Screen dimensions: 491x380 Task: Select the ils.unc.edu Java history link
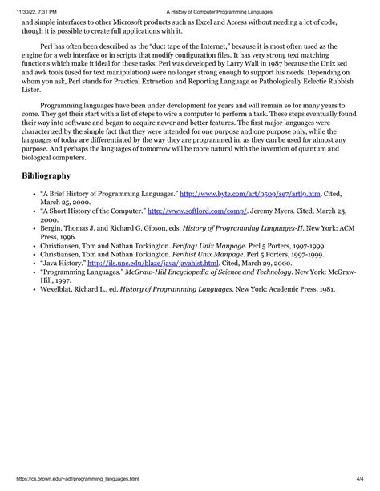tap(152, 263)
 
